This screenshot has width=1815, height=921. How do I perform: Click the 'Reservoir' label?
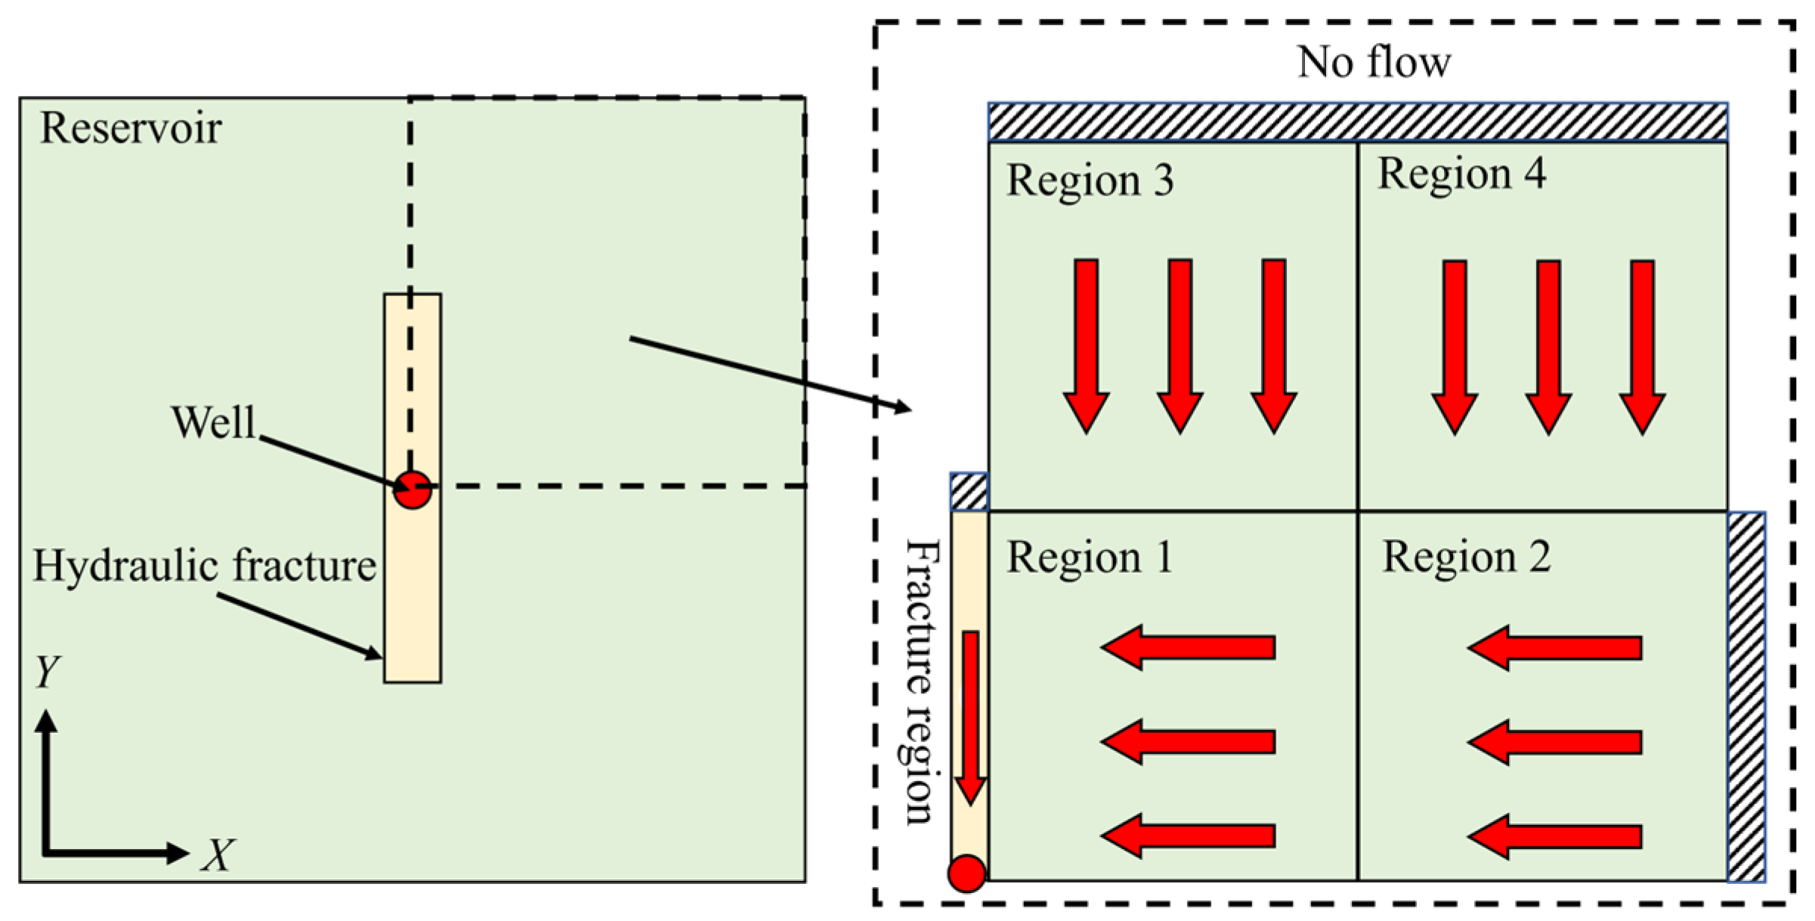[130, 128]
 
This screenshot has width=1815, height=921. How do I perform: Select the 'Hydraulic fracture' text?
[204, 565]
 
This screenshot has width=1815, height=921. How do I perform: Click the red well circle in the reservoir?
[413, 490]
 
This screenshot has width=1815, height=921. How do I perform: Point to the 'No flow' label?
[1374, 62]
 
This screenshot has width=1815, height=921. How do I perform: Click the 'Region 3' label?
[1090, 181]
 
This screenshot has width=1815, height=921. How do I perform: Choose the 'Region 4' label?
[1461, 174]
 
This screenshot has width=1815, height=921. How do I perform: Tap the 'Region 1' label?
[1090, 558]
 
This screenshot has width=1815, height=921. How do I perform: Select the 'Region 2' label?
[1466, 558]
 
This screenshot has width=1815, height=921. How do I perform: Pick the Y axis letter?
[47, 670]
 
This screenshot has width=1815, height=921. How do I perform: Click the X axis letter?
[218, 855]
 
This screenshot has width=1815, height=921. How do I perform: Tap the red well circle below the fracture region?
[967, 873]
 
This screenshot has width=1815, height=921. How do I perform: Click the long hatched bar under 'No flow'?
[1357, 122]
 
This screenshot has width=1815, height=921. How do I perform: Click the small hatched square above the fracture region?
[969, 492]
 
